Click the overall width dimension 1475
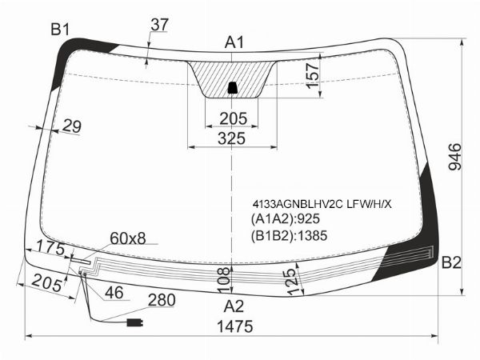(234, 326)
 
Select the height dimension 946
(454, 157)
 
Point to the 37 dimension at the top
(159, 25)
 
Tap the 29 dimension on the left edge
(72, 126)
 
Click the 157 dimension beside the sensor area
(313, 76)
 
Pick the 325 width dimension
(232, 138)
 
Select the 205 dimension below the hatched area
(233, 118)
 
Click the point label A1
(234, 42)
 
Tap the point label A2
(234, 306)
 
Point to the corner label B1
(60, 30)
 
